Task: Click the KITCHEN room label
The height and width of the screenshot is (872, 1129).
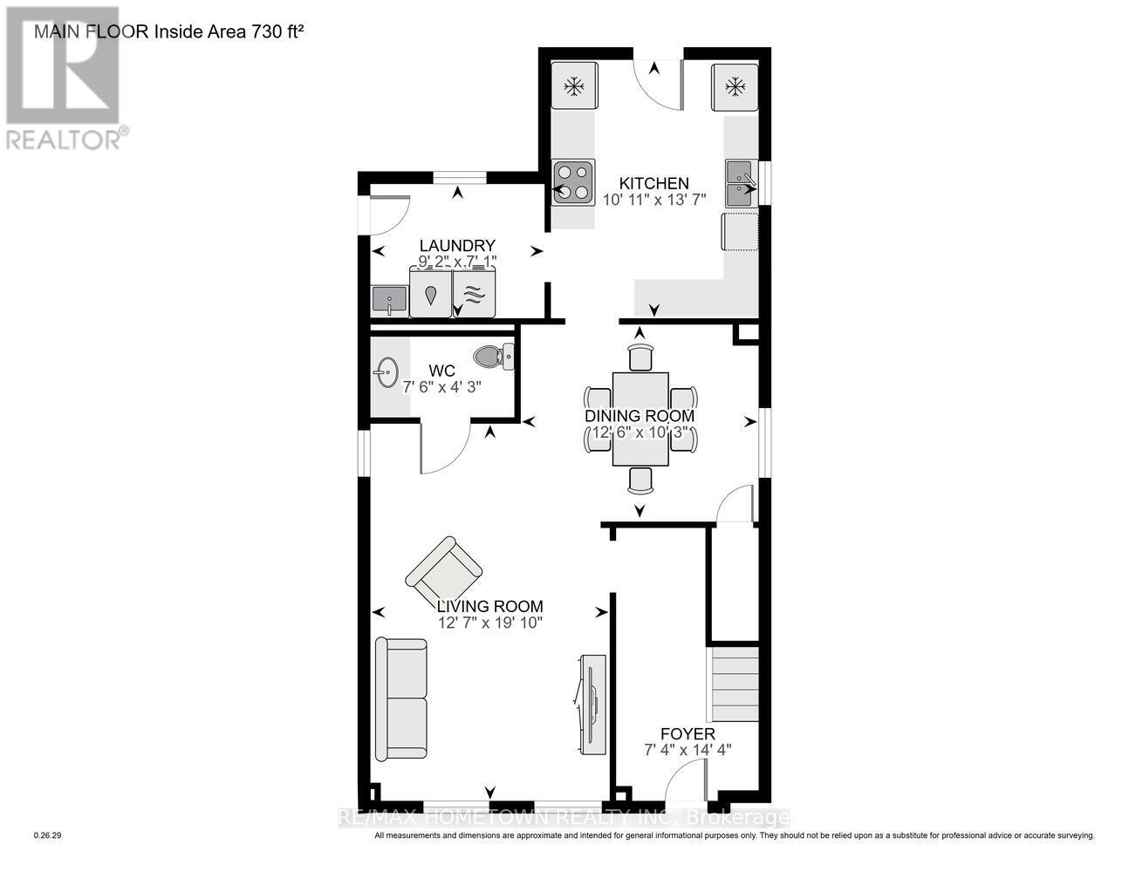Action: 653,184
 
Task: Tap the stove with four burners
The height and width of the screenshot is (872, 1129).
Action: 572,182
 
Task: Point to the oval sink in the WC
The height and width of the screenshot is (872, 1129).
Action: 386,374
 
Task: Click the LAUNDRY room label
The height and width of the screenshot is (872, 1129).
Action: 457,246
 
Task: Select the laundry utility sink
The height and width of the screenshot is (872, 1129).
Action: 388,301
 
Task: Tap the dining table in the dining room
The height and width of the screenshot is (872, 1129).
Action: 640,419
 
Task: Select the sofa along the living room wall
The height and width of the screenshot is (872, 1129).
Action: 401,698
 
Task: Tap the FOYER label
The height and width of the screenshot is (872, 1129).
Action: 688,734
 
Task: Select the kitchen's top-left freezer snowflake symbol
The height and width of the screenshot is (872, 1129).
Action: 573,86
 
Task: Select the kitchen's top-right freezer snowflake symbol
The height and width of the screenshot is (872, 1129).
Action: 736,86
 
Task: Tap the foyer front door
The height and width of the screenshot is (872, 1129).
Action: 686,780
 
